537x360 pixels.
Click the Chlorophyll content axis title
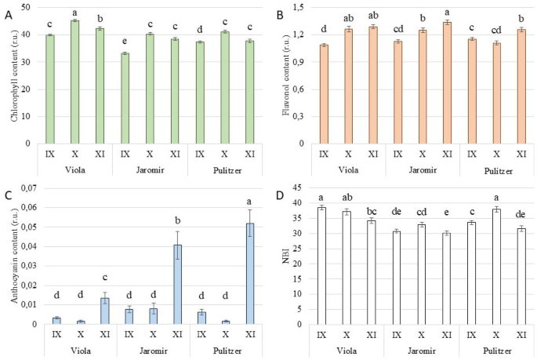point(10,75)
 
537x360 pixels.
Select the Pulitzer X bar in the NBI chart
point(495,267)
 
